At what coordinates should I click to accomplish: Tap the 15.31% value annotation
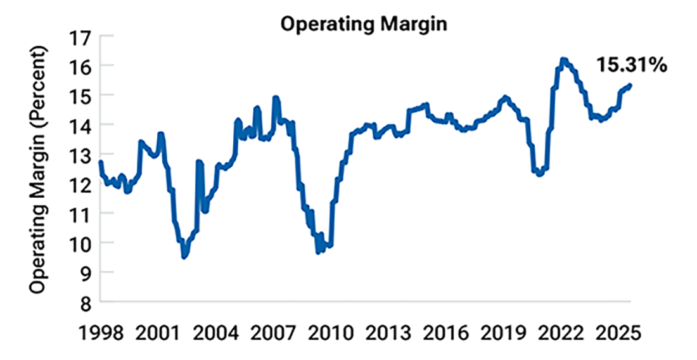coord(631,64)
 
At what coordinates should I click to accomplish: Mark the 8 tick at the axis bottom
coord(87,302)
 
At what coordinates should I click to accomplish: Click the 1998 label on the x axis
coord(101,332)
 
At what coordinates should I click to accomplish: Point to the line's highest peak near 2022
coord(563,60)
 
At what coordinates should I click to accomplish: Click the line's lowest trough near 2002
coord(184,256)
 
